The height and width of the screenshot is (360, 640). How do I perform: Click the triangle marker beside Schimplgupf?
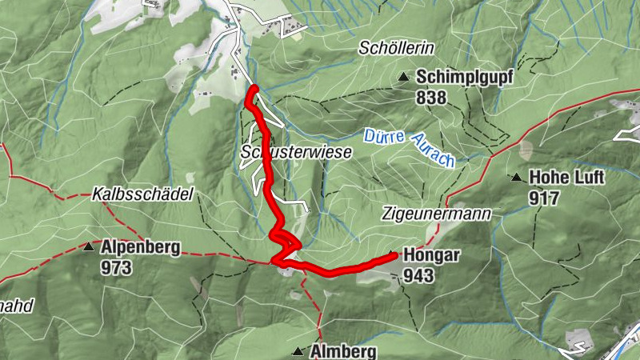405,78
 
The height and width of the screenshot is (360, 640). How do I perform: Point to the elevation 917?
544,197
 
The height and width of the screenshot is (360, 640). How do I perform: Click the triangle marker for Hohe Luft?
517,178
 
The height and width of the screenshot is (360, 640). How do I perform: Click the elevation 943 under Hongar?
419,276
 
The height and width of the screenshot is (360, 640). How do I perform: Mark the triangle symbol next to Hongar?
393,255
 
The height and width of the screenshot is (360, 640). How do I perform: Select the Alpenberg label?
140,247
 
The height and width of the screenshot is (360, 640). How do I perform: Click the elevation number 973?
116,267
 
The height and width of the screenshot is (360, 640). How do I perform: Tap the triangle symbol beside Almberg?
298,351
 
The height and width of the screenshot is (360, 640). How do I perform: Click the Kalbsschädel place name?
139,194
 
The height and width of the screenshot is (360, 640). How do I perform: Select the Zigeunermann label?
435,214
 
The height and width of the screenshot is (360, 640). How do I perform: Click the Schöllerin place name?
395,49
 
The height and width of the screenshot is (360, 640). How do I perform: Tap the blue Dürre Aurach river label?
410,147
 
